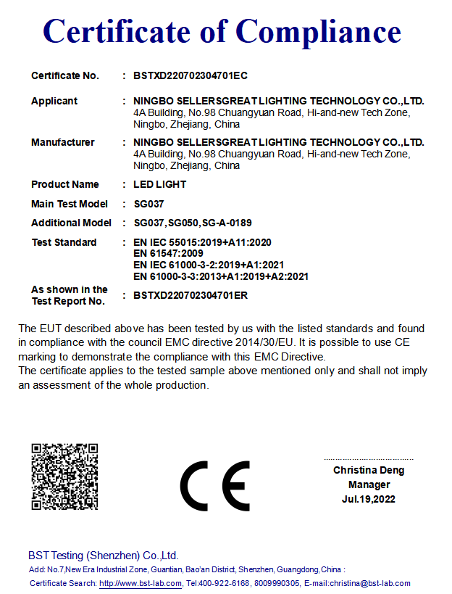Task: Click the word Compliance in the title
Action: (318, 31)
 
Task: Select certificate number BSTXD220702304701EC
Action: (191, 75)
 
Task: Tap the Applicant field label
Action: (54, 101)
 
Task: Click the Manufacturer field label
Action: (63, 142)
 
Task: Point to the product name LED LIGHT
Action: (160, 184)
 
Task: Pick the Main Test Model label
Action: (70, 204)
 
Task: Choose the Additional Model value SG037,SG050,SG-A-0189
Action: (193, 223)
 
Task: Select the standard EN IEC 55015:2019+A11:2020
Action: (203, 242)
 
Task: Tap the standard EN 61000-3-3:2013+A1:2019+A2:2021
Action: (222, 276)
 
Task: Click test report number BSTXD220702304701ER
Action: (191, 295)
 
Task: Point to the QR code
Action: (64, 477)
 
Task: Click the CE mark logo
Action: (215, 485)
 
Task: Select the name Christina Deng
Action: (369, 470)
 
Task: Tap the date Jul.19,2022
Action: (369, 499)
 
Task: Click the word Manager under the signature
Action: (369, 484)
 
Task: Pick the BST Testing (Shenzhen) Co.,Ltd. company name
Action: (103, 556)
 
